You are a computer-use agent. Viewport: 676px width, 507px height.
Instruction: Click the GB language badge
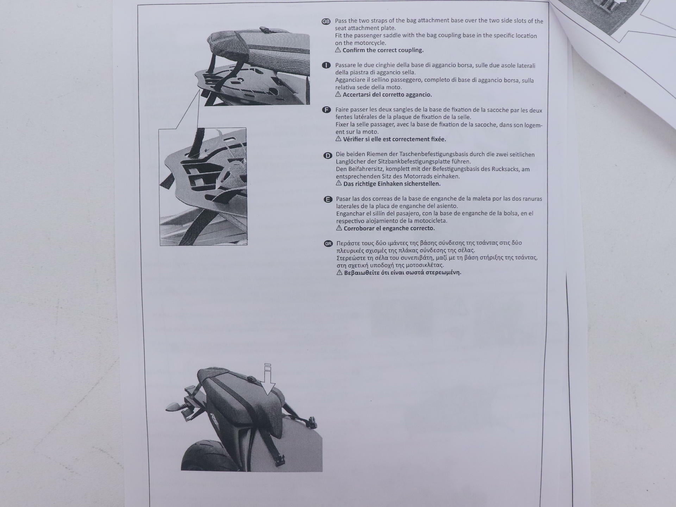pyautogui.click(x=326, y=21)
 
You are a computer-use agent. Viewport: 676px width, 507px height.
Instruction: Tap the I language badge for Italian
pyautogui.click(x=326, y=65)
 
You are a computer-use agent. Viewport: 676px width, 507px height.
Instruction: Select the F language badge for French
pyautogui.click(x=327, y=110)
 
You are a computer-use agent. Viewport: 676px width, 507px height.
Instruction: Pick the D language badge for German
pyautogui.click(x=327, y=156)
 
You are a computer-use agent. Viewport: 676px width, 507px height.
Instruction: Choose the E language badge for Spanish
pyautogui.click(x=328, y=200)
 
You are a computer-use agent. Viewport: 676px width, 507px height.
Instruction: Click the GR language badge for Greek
pyautogui.click(x=328, y=244)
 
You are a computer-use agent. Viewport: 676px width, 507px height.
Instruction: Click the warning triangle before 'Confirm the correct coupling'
pyautogui.click(x=338, y=50)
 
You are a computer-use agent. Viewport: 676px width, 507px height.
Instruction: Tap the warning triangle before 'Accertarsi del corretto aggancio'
pyautogui.click(x=338, y=94)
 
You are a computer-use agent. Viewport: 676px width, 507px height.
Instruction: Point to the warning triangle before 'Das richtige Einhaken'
pyautogui.click(x=339, y=183)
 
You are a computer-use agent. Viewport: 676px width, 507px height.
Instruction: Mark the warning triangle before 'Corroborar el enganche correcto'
pyautogui.click(x=339, y=228)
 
